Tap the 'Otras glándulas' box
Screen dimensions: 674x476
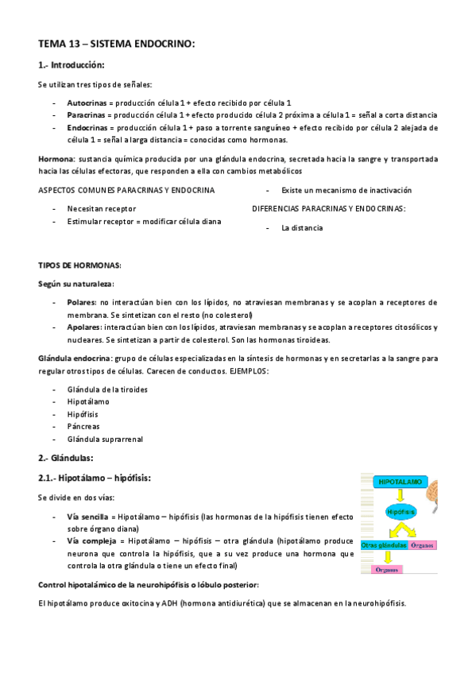pyautogui.click(x=384, y=546)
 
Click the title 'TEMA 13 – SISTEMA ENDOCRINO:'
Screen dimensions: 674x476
pyautogui.click(x=116, y=44)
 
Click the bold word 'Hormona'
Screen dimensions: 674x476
pyautogui.click(x=56, y=159)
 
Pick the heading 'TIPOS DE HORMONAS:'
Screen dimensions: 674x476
pyautogui.click(x=79, y=265)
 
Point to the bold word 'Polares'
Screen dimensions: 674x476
pyautogui.click(x=82, y=302)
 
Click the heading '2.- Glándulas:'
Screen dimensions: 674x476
pyautogui.click(x=66, y=458)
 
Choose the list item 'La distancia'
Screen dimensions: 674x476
pyautogui.click(x=302, y=227)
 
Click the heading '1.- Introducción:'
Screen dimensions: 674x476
pyautogui.click(x=72, y=65)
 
